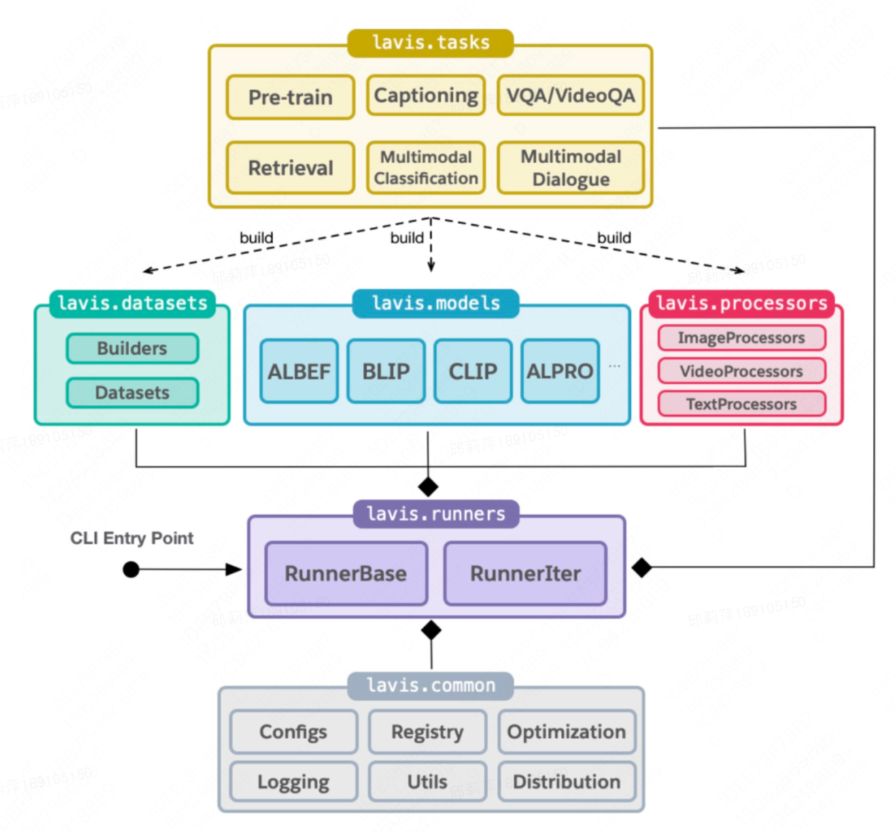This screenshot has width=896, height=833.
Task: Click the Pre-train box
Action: tap(290, 97)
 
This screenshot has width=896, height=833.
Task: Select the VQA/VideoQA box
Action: tap(570, 96)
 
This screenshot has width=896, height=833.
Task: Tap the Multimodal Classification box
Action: tap(426, 168)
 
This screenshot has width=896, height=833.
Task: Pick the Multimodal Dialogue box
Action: tap(570, 168)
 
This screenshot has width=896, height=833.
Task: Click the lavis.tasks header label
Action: tap(430, 43)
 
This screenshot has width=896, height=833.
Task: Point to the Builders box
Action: tap(133, 349)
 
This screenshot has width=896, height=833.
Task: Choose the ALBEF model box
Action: tap(298, 372)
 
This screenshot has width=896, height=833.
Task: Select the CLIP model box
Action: tap(472, 372)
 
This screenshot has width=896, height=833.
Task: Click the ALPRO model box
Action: tap(559, 372)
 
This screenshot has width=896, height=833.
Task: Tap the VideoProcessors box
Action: tap(741, 371)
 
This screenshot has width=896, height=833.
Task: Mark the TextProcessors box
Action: tap(741, 404)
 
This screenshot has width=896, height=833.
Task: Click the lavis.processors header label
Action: tap(741, 303)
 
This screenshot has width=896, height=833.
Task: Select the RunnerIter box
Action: tap(525, 573)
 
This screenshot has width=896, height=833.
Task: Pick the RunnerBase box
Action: tap(345, 573)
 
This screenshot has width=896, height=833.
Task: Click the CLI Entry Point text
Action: tap(132, 538)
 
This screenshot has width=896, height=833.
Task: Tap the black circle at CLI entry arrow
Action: tap(131, 569)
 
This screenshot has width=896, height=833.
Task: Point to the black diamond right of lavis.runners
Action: tap(641, 567)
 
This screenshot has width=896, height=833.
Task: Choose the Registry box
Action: tap(427, 732)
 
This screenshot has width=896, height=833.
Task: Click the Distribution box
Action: tap(566, 781)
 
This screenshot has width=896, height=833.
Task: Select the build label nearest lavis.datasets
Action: tap(256, 238)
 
